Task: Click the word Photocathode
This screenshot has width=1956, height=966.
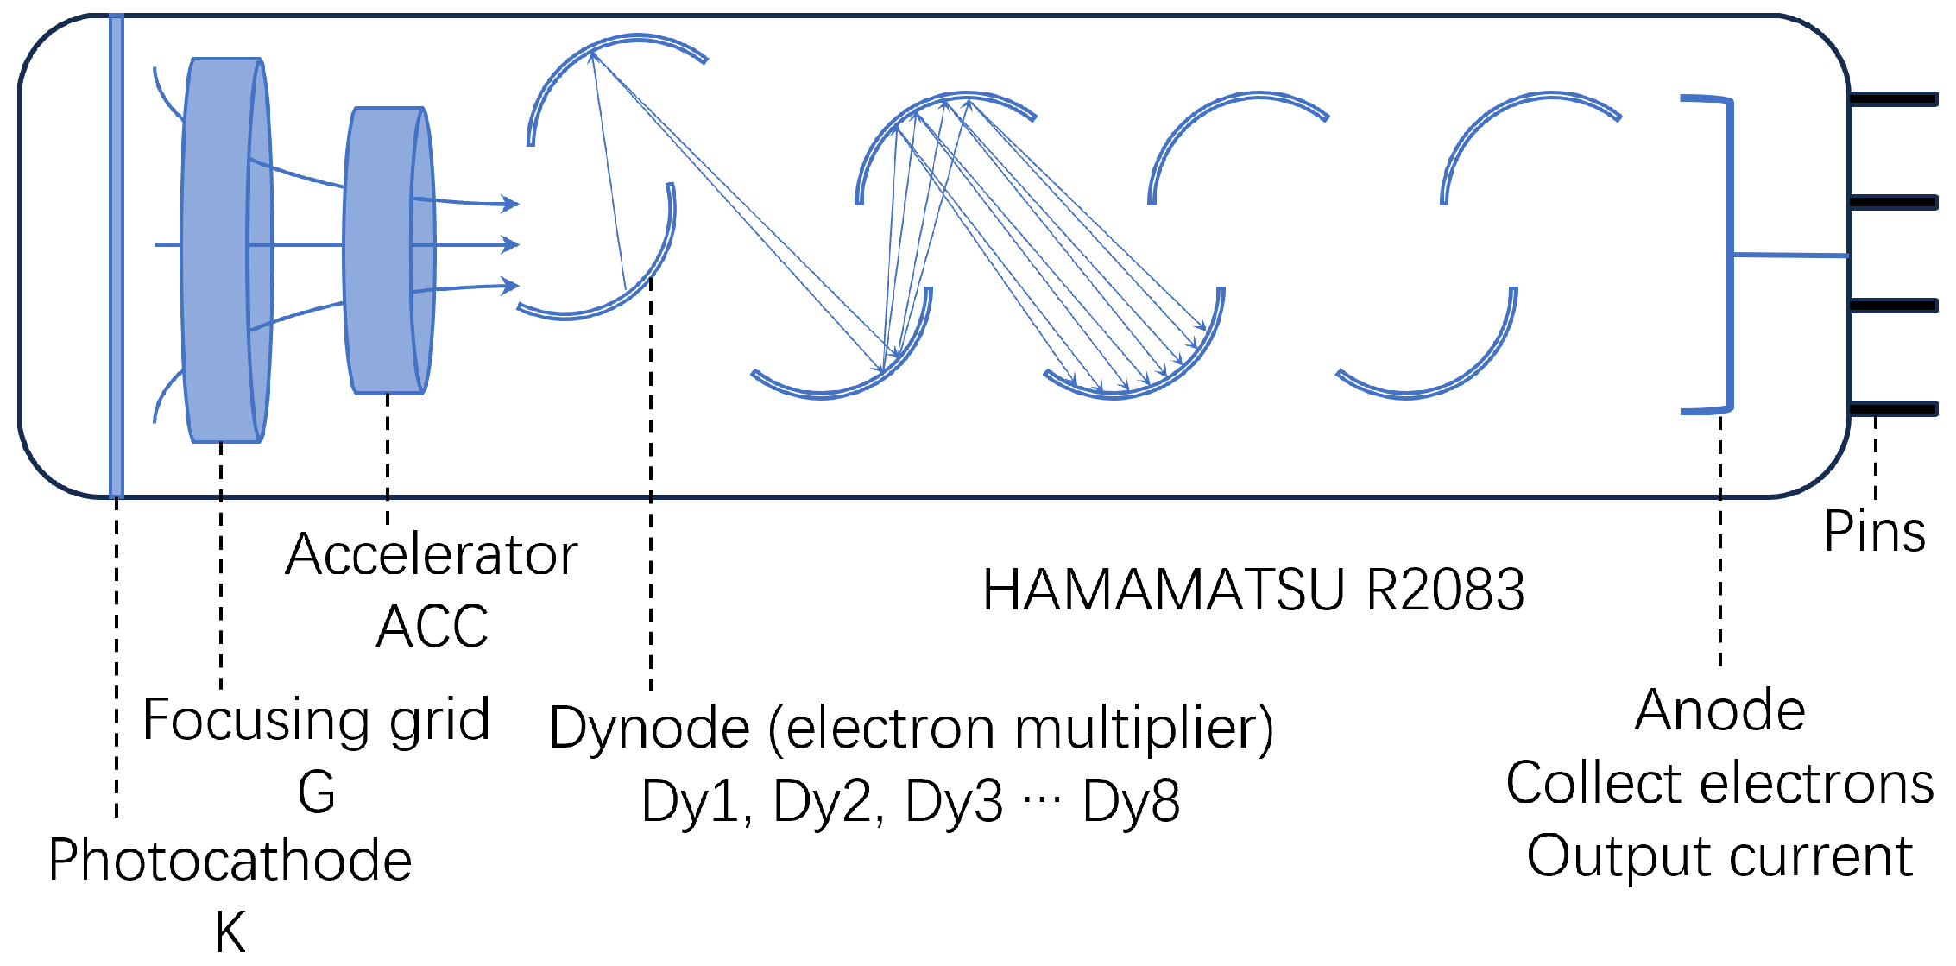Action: (230, 861)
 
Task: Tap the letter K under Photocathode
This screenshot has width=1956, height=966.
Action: (230, 932)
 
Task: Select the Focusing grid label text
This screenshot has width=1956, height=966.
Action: (316, 720)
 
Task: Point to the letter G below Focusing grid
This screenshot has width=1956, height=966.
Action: (316, 792)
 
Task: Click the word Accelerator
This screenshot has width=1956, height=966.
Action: (431, 554)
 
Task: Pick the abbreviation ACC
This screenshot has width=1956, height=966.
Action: (432, 626)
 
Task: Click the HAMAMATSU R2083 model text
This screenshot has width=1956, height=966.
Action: (1253, 590)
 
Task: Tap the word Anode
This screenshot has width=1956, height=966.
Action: (1719, 711)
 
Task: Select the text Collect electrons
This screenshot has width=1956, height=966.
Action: (1719, 784)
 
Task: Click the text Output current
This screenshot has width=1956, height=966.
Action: (1719, 856)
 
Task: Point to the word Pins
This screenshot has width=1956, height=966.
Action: (1875, 532)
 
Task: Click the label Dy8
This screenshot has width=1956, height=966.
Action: (1131, 801)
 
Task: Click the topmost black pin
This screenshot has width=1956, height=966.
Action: (1894, 100)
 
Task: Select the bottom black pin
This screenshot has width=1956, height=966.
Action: (1894, 409)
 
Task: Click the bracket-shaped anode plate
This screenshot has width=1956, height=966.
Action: (1729, 256)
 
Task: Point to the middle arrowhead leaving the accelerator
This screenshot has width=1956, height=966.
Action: (512, 245)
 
